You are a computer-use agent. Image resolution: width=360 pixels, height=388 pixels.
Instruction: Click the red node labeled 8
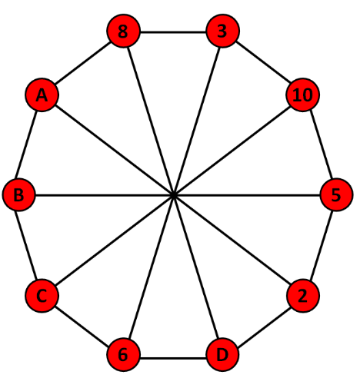point(123,31)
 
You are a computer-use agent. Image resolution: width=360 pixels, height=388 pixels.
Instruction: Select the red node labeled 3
point(222,31)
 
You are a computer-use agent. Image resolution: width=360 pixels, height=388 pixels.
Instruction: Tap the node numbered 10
point(303,95)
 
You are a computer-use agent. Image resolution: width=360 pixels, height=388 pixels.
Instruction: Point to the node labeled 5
point(336,194)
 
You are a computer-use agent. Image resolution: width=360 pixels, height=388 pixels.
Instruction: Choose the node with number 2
point(303,296)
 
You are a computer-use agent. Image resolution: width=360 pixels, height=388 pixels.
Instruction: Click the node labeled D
point(222,354)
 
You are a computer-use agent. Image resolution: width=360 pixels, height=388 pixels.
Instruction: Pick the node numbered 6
point(123,354)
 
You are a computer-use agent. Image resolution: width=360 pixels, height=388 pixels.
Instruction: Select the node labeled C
point(42,296)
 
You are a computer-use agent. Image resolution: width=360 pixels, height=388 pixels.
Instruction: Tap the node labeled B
point(18,194)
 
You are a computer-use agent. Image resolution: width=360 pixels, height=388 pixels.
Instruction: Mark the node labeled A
point(42,95)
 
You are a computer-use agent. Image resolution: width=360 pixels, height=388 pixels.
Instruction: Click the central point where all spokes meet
point(174,195)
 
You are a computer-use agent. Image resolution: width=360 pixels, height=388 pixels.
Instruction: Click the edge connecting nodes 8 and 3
point(173,32)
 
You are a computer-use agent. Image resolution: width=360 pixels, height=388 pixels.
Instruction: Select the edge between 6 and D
point(173,358)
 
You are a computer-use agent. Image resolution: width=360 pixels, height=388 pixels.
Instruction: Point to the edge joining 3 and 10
point(263,62)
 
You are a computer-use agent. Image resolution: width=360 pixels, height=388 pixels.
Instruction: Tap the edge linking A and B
point(26,144)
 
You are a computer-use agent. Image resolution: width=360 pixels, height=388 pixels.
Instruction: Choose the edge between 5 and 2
point(322,245)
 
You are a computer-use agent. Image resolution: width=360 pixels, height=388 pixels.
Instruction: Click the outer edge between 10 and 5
point(322,144)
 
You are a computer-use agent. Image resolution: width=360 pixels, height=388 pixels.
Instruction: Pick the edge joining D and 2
point(264,328)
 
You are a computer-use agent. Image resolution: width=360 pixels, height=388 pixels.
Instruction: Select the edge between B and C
point(26,245)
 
